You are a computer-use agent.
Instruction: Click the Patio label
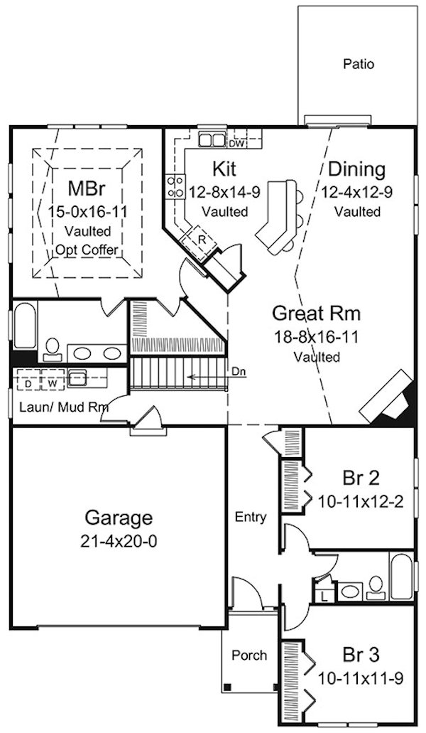359,63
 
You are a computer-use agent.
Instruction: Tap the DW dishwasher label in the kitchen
236,144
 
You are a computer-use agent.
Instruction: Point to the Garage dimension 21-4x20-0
119,541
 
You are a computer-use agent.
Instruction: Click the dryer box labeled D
28,384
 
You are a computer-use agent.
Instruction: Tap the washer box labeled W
52,384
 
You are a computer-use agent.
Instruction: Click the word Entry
251,517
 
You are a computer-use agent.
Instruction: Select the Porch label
250,656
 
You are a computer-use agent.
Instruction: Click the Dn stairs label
238,373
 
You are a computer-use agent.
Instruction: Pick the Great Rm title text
316,314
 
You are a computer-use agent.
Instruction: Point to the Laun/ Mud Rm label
63,406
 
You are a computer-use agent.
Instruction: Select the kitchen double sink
212,139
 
